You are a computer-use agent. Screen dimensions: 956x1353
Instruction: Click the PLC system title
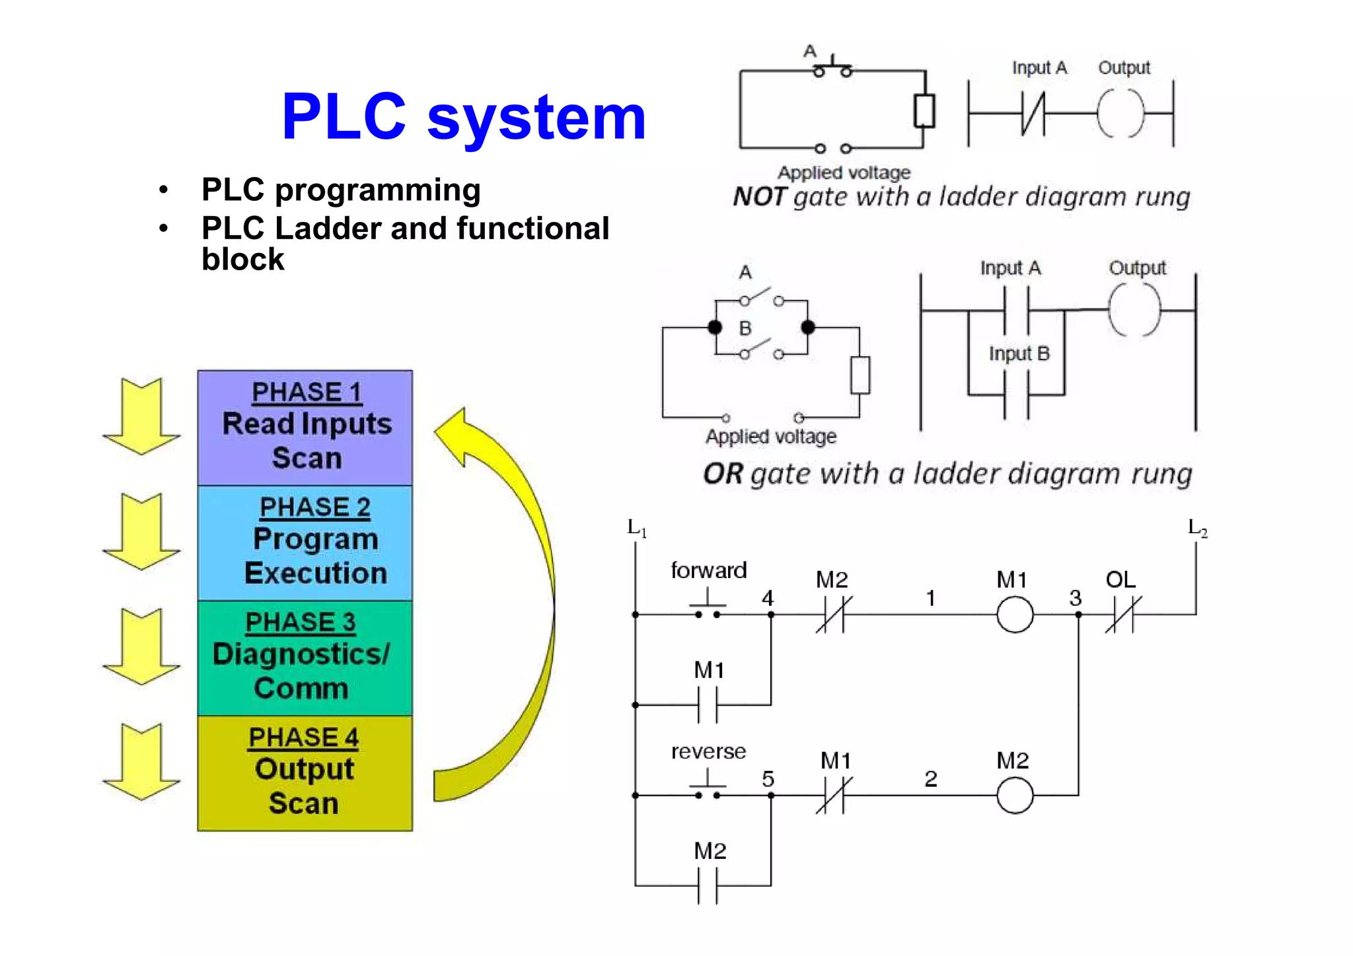coord(463,118)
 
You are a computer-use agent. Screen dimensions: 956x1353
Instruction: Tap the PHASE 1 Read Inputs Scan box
coord(305,427)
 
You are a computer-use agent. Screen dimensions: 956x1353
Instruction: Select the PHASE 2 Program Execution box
coord(305,542)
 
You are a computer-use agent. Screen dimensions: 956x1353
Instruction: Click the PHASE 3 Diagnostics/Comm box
coord(305,657)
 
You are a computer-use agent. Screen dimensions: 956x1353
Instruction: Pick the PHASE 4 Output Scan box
coord(305,773)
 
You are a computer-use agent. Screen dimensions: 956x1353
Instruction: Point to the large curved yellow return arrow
coord(522,595)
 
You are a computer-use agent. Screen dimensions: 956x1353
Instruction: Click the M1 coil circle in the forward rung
coord(1015,614)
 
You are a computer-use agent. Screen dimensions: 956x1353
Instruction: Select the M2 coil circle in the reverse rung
coord(1015,795)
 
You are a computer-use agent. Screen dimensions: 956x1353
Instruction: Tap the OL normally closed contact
coord(1123,614)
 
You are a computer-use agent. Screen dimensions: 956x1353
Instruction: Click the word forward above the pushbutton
coord(708,570)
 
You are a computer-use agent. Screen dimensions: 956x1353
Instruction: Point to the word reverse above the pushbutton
coord(708,751)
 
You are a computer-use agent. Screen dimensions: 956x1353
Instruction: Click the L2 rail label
coord(1197,528)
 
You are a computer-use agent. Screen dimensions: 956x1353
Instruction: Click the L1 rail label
coord(636,528)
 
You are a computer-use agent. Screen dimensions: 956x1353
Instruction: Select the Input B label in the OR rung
coord(1019,353)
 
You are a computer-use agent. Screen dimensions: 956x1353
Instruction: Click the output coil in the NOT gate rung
coord(1120,114)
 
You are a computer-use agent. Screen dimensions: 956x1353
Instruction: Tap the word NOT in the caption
coord(759,197)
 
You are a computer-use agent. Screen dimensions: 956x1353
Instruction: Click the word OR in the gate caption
coord(723,474)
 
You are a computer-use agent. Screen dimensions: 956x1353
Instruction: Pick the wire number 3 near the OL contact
coord(1076,598)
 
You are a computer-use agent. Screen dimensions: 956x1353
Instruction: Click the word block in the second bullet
coord(242,260)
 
